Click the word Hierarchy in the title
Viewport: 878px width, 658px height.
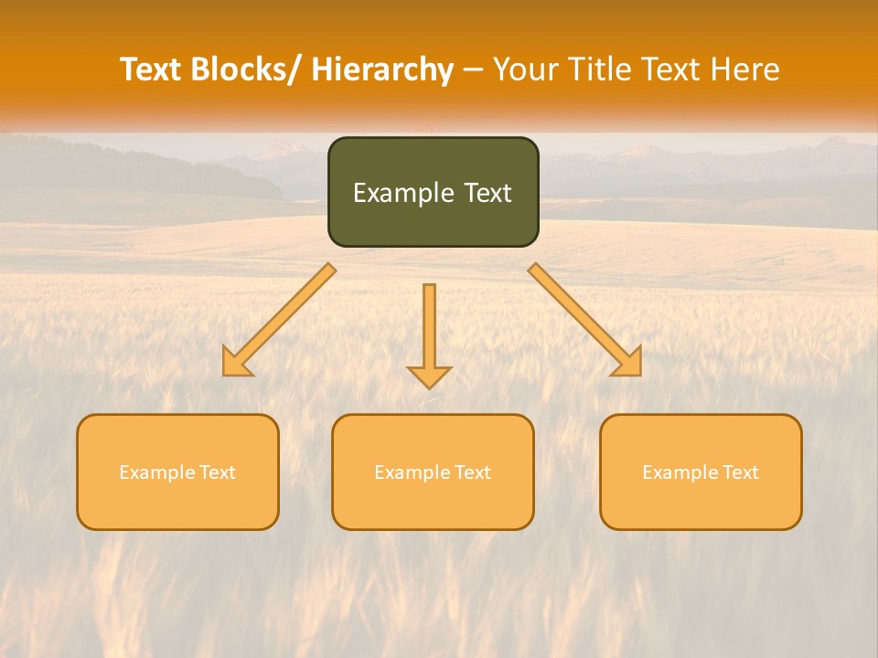(382, 69)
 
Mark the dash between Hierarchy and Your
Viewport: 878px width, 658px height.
(473, 69)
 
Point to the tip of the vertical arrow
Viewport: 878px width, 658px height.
(429, 386)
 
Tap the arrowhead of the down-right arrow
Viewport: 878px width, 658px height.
(630, 365)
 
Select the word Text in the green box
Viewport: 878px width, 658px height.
(486, 193)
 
